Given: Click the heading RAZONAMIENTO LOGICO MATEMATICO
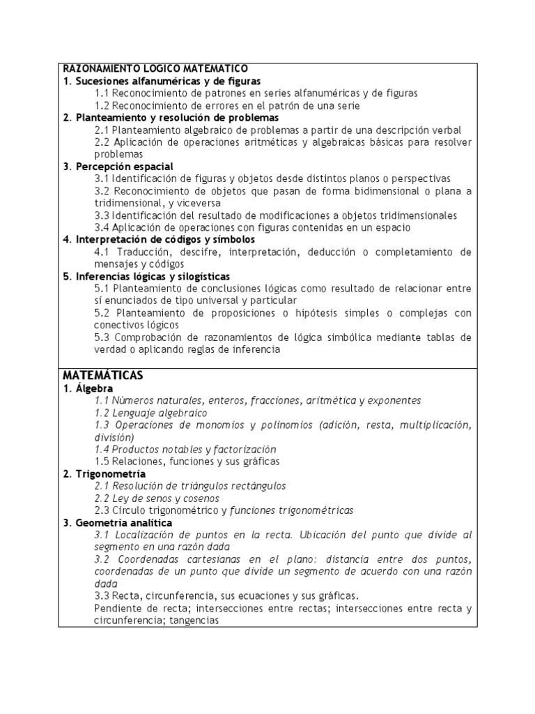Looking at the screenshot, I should click(x=155, y=69).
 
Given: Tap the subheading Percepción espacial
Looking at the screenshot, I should click(x=118, y=166).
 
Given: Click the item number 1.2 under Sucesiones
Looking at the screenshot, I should click(x=102, y=105).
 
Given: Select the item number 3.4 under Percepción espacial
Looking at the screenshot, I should click(x=102, y=227).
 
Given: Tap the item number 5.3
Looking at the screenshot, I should click(x=102, y=337).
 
